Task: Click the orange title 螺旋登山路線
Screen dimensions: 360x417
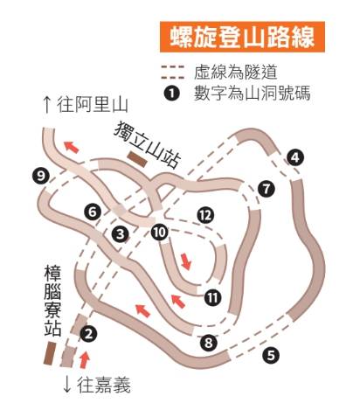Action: pyautogui.click(x=242, y=37)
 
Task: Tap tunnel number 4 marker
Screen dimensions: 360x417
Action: pyautogui.click(x=295, y=157)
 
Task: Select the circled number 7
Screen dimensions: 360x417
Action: pyautogui.click(x=267, y=189)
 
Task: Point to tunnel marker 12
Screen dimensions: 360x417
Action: pyautogui.click(x=205, y=216)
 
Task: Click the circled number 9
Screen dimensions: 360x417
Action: pyautogui.click(x=41, y=176)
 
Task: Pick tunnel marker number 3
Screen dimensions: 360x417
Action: pyautogui.click(x=121, y=233)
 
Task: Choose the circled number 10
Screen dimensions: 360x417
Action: pyautogui.click(x=160, y=233)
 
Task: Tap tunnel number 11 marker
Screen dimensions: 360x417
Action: pyautogui.click(x=212, y=297)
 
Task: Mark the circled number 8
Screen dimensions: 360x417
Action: pyautogui.click(x=209, y=343)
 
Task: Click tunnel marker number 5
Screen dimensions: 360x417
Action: pyautogui.click(x=271, y=356)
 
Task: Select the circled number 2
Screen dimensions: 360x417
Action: pyautogui.click(x=88, y=334)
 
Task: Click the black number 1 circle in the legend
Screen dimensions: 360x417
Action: pyautogui.click(x=172, y=94)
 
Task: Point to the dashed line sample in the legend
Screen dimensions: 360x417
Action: pyautogui.click(x=173, y=73)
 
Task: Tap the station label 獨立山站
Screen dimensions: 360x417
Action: pyautogui.click(x=148, y=145)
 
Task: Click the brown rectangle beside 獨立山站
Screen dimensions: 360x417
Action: pyautogui.click(x=137, y=159)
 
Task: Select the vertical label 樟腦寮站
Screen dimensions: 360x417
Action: pyautogui.click(x=52, y=301)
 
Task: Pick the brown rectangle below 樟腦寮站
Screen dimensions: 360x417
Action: pyautogui.click(x=50, y=353)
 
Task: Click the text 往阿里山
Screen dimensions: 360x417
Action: pyautogui.click(x=86, y=105)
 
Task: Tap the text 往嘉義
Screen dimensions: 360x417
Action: pyautogui.click(x=97, y=386)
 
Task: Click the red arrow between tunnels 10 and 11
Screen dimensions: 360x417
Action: pyautogui.click(x=186, y=261)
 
